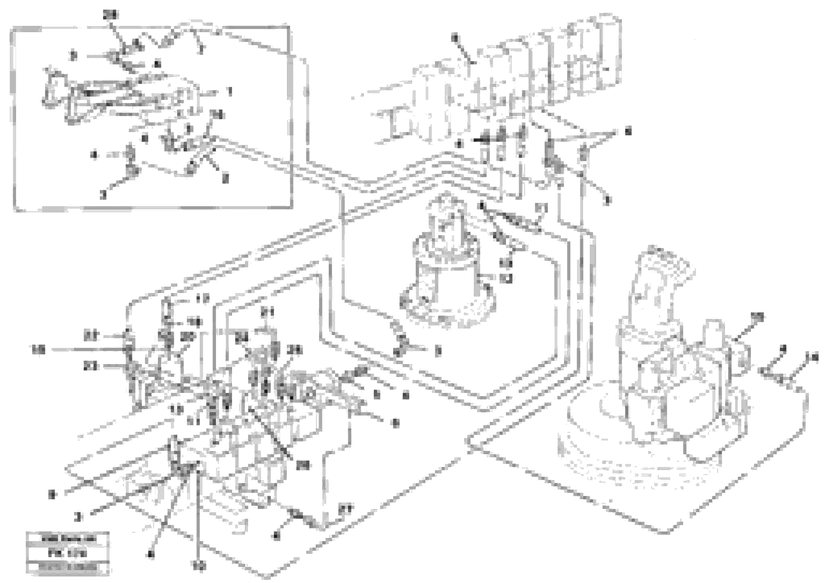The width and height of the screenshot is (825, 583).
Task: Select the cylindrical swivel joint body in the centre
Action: [446, 284]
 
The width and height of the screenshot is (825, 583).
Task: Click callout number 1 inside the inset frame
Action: [230, 91]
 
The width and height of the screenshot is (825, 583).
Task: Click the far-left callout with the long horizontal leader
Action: [39, 349]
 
